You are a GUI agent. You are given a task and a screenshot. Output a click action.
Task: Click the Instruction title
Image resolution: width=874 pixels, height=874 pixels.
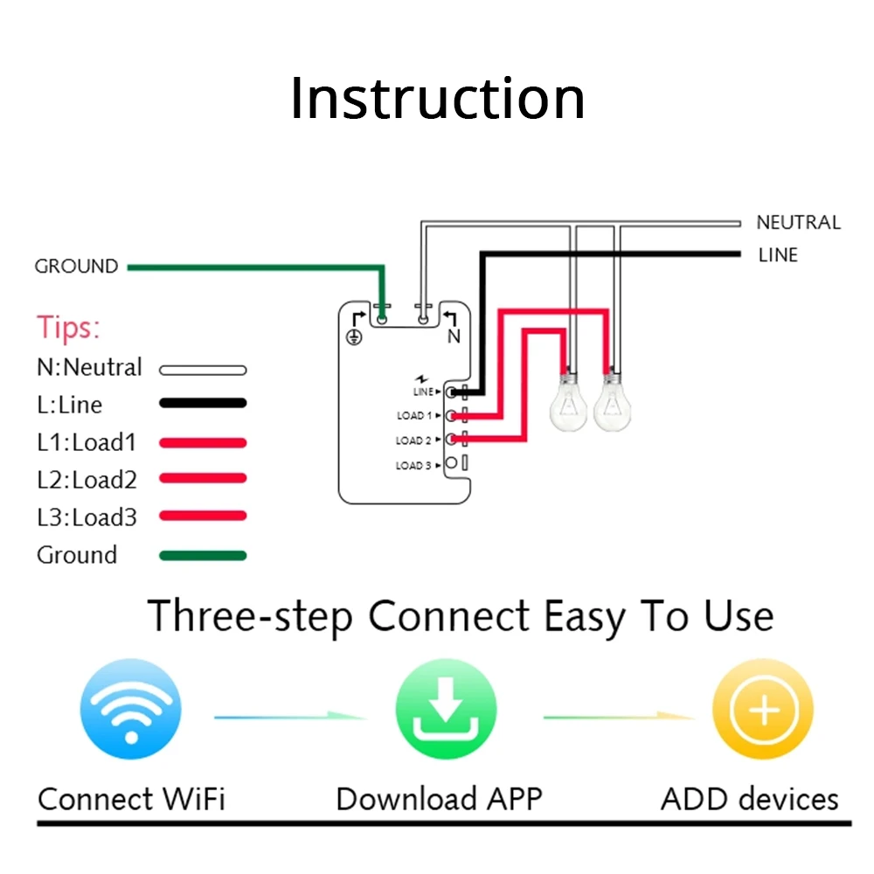point(437,99)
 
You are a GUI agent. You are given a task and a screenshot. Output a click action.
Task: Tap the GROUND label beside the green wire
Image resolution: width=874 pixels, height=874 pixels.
point(76,267)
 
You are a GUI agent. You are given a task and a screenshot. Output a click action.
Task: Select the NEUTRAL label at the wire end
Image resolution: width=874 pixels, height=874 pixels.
point(797,223)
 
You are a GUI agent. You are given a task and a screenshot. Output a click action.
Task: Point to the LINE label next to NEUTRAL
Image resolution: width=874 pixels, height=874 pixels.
point(778,255)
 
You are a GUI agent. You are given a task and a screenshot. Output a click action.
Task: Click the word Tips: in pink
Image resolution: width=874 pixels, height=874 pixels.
point(69,329)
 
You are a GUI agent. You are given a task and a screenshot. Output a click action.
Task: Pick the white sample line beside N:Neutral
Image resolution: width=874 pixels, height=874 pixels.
point(203,370)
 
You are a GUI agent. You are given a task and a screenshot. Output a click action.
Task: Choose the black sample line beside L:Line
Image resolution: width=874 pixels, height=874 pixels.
point(203,404)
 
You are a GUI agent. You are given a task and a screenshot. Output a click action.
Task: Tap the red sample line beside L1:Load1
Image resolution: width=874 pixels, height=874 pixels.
point(203,442)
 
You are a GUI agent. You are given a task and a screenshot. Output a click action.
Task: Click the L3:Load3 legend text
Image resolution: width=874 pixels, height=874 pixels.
point(87,517)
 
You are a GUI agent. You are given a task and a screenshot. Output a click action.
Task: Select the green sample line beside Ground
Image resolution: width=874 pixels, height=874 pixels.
point(203,555)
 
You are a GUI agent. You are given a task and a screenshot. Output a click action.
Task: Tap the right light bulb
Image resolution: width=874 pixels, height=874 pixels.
point(613,401)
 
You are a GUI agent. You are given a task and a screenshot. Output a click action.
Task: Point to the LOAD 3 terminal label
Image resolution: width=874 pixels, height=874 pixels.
point(413,466)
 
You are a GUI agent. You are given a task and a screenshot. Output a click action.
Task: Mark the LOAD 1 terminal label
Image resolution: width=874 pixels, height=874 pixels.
point(413,416)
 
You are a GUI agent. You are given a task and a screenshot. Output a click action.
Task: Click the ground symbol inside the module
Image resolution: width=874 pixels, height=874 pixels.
point(354,336)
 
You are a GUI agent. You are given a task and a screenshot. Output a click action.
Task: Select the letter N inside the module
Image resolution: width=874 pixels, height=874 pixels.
point(454,336)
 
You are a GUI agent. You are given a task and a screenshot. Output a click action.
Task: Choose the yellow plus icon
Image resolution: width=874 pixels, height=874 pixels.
point(763,710)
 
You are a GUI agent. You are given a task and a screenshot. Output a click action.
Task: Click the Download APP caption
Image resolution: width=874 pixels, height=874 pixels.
point(439,799)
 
